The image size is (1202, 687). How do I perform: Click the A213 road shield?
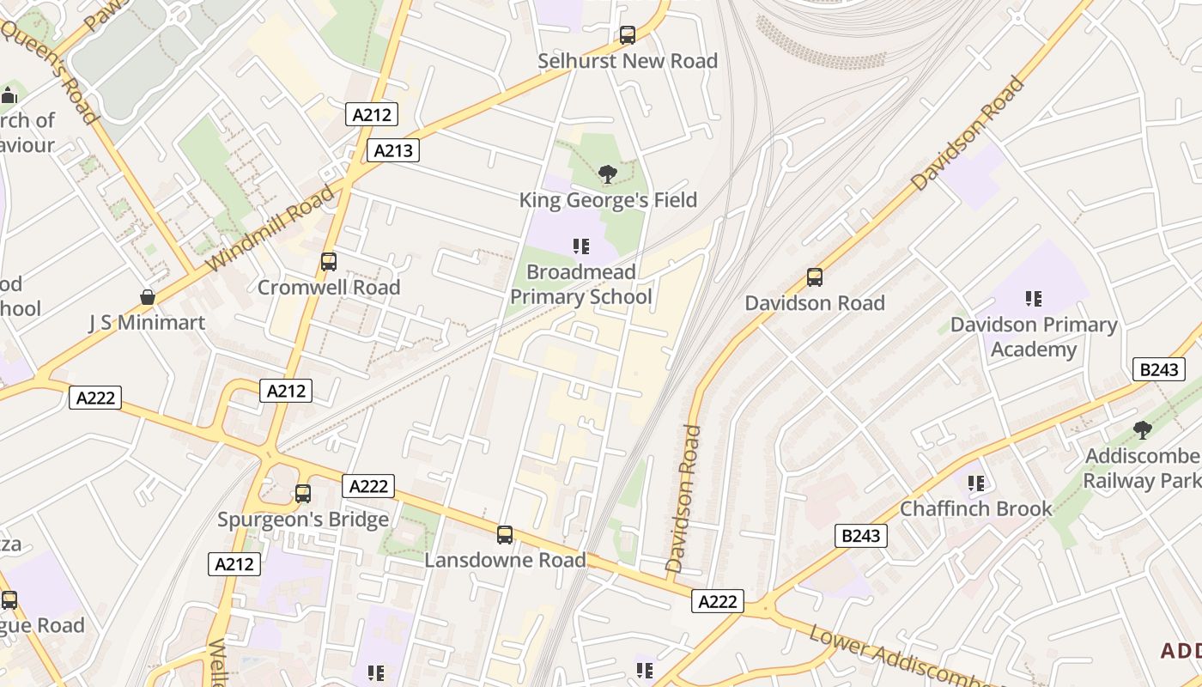[394, 150]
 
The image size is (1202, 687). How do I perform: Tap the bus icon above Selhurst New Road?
[628, 35]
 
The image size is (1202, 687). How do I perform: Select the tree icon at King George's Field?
[607, 174]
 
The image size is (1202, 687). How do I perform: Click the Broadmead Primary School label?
[581, 284]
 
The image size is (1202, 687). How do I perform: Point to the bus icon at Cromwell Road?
[328, 262]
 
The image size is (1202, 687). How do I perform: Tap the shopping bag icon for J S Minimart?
[148, 297]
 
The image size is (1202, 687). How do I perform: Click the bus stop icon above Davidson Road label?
[814, 277]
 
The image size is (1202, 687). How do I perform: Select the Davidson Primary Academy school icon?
[1034, 299]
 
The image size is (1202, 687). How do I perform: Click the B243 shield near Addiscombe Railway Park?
[1159, 369]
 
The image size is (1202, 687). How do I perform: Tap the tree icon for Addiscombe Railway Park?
[1142, 429]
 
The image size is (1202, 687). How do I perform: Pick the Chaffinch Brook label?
[975, 508]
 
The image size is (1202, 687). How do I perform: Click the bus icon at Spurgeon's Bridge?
[302, 494]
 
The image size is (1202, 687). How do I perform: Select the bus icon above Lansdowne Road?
[505, 535]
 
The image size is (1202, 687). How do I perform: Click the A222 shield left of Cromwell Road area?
[95, 398]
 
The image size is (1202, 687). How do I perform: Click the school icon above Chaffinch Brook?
[975, 483]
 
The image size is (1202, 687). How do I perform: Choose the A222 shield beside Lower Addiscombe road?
[717, 601]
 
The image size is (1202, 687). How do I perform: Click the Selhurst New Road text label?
[628, 61]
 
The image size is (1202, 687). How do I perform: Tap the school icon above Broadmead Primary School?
[581, 247]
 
